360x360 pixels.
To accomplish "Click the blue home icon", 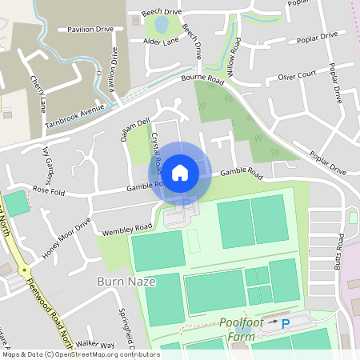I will coord(180,172).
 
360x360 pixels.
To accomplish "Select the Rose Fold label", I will coord(50,190).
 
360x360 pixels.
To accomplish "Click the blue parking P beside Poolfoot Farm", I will coord(285,323).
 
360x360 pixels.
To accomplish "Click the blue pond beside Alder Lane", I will coord(161,25).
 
